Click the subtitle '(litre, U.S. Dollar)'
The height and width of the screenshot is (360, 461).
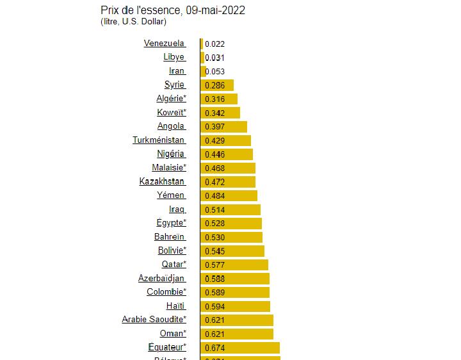[133, 22]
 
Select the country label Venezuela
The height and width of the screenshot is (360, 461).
[165, 44]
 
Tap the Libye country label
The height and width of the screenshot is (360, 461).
[174, 57]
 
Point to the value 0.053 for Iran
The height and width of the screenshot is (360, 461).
[214, 71]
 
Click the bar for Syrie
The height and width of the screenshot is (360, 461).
[217, 85]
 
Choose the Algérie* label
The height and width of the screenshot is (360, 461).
[171, 99]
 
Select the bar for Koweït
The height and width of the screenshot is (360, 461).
[220, 113]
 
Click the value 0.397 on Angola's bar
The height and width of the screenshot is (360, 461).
[214, 127]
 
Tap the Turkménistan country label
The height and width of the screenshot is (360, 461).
[159, 140]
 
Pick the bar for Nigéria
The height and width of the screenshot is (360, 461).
[227, 154]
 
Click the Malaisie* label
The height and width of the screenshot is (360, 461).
[169, 168]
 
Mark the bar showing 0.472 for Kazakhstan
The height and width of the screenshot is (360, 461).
[228, 182]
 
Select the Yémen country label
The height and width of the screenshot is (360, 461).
[171, 195]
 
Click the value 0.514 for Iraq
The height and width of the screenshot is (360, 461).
[214, 209]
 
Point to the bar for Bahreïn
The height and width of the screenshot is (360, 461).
[231, 237]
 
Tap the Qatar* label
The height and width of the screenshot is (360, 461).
[174, 265]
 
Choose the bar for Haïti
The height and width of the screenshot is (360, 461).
[235, 306]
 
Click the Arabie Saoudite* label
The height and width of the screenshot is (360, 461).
[154, 320]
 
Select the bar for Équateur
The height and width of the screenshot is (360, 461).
[240, 348]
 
